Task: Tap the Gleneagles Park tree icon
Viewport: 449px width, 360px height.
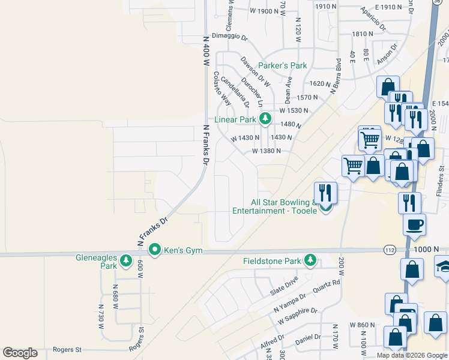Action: [x=126, y=260]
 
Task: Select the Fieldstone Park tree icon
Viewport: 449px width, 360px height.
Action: [x=310, y=260]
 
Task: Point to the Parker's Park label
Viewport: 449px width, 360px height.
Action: [x=282, y=65]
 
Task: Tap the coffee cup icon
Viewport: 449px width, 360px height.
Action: [x=414, y=225]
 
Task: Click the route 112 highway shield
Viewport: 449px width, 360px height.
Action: [x=390, y=249]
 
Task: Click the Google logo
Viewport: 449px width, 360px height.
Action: [x=20, y=353]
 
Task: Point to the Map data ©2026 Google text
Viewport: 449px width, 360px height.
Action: [x=412, y=355]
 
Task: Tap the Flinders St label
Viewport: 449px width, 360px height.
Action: [x=441, y=181]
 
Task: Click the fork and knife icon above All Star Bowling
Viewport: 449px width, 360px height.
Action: [x=325, y=193]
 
